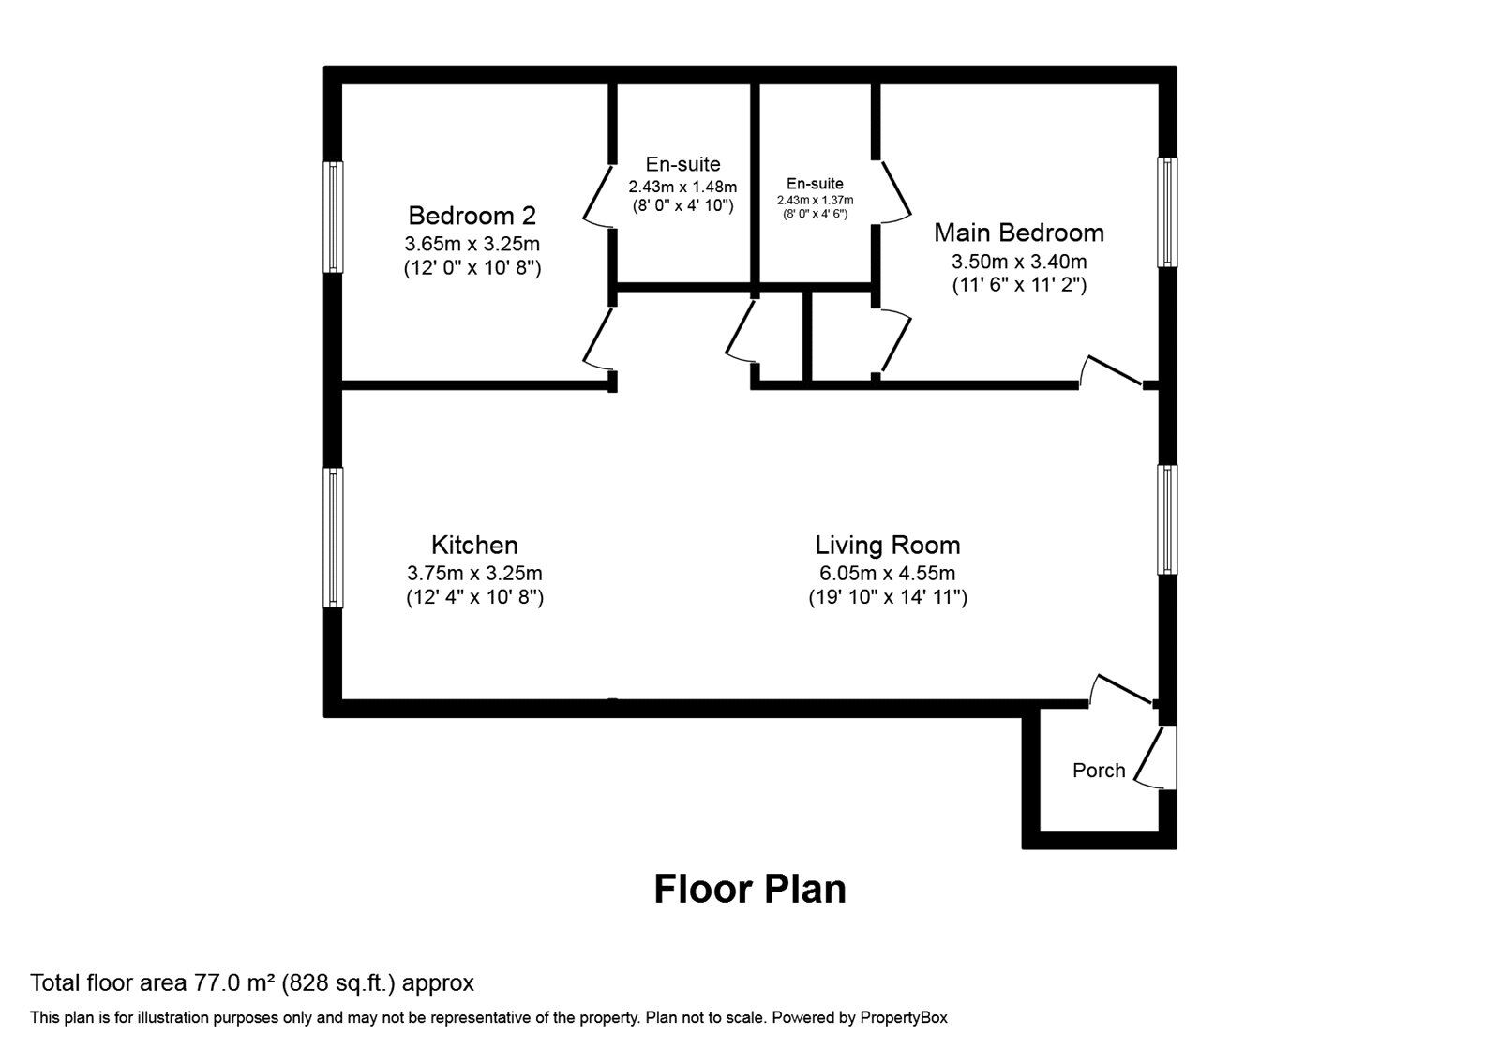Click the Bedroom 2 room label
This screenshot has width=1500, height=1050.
[x=472, y=216]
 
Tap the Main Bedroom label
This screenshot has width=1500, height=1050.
[x=1019, y=232]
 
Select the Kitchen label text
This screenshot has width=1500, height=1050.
[x=474, y=545]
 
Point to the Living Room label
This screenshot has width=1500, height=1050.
[x=888, y=545]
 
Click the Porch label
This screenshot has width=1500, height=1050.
[x=1099, y=770]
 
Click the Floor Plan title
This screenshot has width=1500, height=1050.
[x=750, y=889]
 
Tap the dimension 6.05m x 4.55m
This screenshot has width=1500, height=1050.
[x=888, y=573]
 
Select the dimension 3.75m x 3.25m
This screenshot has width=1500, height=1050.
[x=474, y=573]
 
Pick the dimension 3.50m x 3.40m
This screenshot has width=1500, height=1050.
[x=1019, y=262]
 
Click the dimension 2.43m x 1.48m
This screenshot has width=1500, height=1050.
[x=682, y=187]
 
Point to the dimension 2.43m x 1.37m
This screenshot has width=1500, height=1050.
[x=815, y=201]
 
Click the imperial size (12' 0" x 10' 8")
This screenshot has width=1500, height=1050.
[x=472, y=268]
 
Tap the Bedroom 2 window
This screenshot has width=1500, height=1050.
[x=334, y=217]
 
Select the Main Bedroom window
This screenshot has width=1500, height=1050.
[x=1167, y=212]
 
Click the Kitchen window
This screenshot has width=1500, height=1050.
[x=334, y=538]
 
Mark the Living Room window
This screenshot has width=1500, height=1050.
[x=1167, y=519]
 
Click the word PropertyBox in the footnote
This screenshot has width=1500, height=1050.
[x=904, y=1018]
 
